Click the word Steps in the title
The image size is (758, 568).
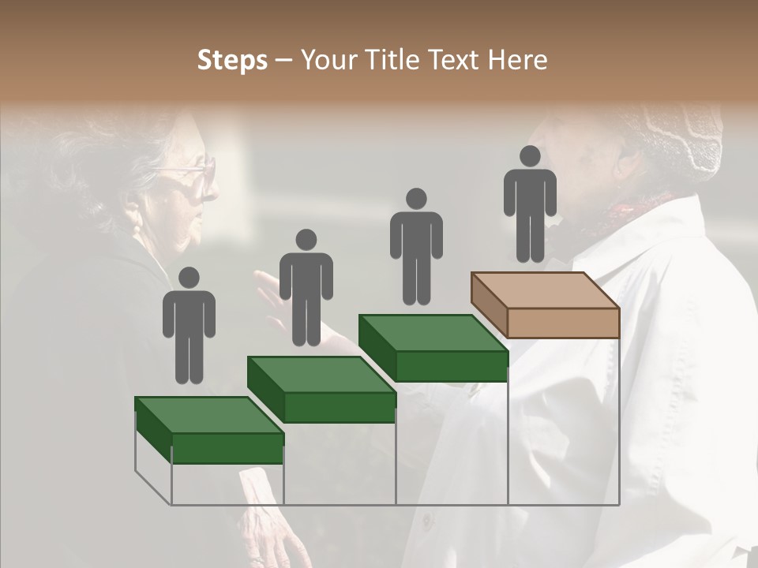point(232,61)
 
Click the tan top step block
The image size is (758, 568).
point(545,304)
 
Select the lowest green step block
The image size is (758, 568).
point(208,429)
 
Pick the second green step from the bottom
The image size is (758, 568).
point(321,388)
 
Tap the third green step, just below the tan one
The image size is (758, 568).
point(433,347)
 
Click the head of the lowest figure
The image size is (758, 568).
point(189,278)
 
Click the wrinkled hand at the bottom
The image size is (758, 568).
point(272,536)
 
